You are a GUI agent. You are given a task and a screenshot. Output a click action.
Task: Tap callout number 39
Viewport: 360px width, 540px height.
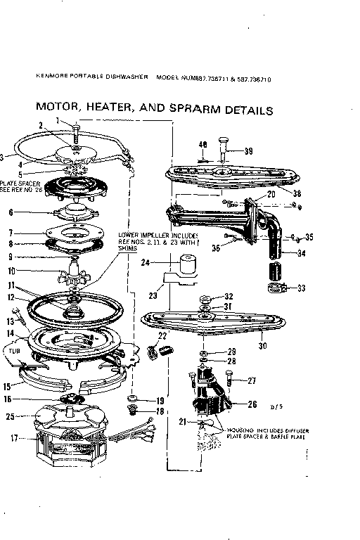(x=248, y=152)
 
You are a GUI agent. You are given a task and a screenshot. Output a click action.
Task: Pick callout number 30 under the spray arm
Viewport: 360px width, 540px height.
(x=263, y=345)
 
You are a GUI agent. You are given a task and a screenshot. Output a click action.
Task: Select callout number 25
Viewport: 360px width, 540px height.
(x=11, y=417)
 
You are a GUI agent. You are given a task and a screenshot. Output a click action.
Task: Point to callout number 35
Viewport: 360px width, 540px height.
(x=309, y=236)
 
